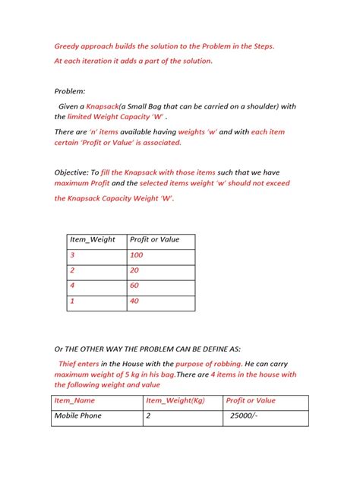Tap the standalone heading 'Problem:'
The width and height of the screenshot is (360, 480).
point(71,90)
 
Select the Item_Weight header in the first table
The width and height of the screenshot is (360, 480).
point(93,239)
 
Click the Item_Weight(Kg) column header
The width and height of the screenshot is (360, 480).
point(177,400)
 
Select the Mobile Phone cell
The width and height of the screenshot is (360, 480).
point(77,415)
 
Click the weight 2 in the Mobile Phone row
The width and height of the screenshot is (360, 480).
point(149,415)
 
